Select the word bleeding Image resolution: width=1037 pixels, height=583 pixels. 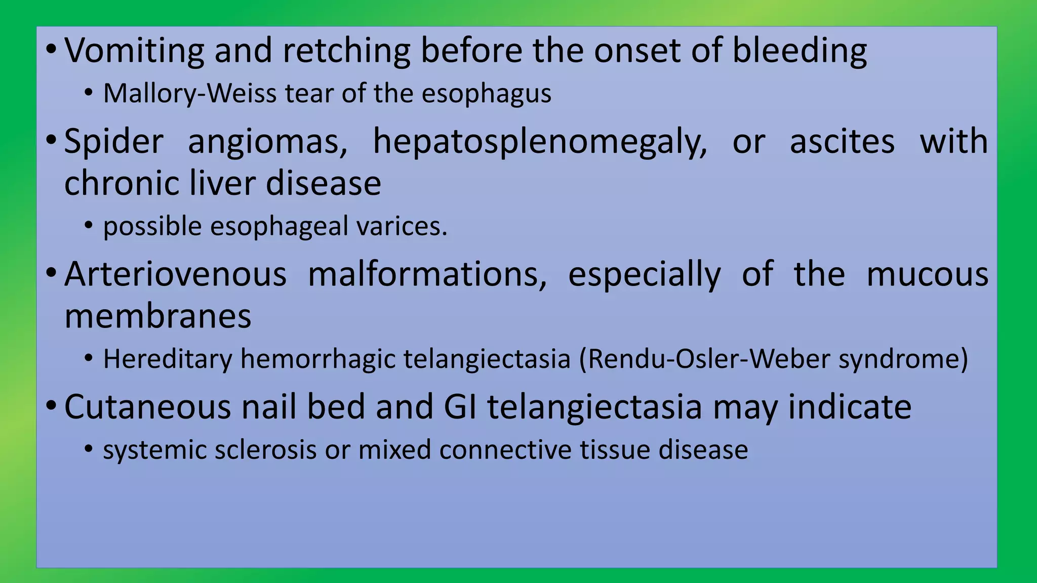pyautogui.click(x=800, y=51)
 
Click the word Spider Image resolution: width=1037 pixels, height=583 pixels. pyautogui.click(x=114, y=142)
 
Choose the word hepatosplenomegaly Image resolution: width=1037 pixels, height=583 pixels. pyautogui.click(x=540, y=142)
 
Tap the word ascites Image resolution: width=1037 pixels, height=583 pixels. pyautogui.click(x=842, y=142)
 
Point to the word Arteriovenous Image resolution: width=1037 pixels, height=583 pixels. pyautogui.click(x=175, y=274)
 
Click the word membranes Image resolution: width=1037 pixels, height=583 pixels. pyautogui.click(x=158, y=316)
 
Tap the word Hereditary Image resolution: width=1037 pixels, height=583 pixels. pyautogui.click(x=167, y=359)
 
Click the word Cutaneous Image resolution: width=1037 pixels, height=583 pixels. pyautogui.click(x=147, y=407)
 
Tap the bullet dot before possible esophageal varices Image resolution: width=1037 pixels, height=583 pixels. pyautogui.click(x=89, y=226)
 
